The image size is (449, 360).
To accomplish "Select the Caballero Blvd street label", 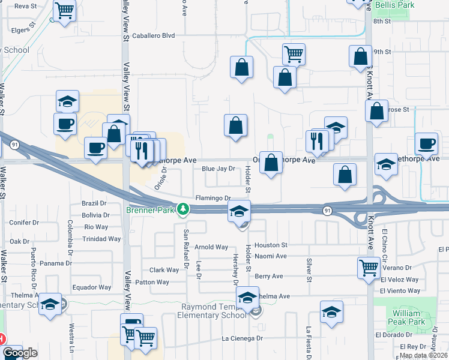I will [154, 35].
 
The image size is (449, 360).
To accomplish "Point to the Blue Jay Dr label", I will [218, 169].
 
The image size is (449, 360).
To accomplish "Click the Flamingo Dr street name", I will [213, 198].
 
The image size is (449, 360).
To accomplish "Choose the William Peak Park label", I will [409, 317].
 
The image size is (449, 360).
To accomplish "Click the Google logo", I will [20, 353].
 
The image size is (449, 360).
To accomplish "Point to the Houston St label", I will [271, 245].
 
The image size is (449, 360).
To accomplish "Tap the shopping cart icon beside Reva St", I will [64, 10].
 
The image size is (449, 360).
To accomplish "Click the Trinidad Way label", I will [102, 239].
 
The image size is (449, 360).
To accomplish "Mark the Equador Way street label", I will [92, 287].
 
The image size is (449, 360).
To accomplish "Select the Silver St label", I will [310, 269].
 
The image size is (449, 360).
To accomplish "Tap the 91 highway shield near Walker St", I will [14, 143].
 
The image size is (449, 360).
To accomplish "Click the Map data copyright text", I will [424, 355].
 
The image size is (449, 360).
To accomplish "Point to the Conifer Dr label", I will [24, 222].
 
